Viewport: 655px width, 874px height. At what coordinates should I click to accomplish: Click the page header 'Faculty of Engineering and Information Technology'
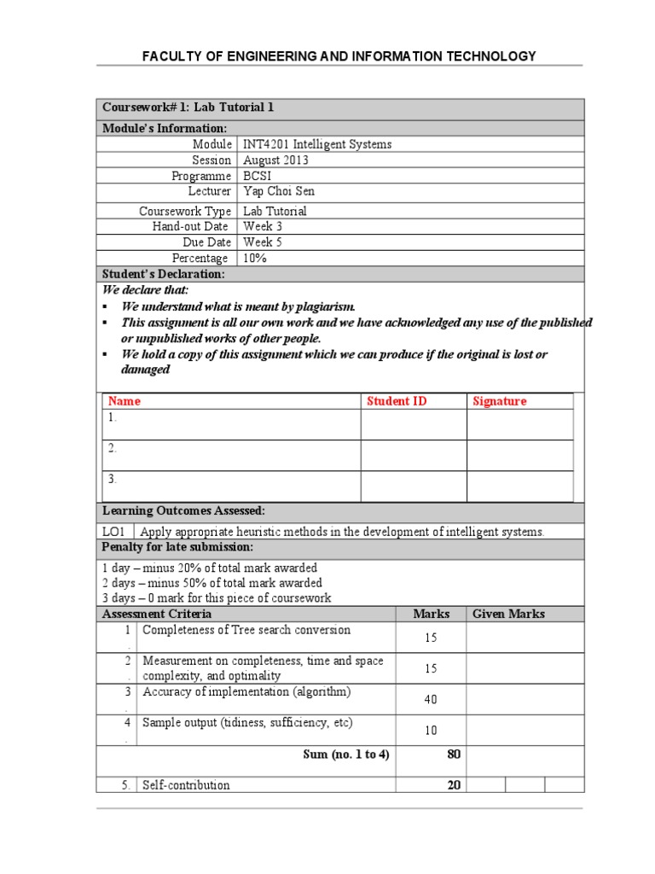(x=339, y=56)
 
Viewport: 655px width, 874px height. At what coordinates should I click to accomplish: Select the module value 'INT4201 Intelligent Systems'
(x=317, y=144)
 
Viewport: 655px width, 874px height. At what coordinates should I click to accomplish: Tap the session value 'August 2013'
(x=275, y=160)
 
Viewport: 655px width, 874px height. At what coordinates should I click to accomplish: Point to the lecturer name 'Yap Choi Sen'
(x=280, y=191)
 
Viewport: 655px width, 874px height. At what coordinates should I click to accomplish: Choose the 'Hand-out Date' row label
(x=190, y=226)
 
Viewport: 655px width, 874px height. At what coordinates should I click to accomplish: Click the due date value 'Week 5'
(x=263, y=242)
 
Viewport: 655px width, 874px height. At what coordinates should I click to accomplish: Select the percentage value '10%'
(x=255, y=258)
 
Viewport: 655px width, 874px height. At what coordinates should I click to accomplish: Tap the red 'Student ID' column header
(x=397, y=401)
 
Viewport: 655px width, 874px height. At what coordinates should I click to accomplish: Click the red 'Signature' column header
(x=499, y=401)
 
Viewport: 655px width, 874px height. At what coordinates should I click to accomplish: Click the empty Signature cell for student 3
(x=519, y=487)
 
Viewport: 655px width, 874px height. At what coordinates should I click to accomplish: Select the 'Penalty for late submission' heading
(x=178, y=547)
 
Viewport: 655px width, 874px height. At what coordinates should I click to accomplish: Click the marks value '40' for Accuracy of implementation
(x=431, y=700)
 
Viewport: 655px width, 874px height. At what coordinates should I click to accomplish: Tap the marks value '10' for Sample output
(x=431, y=731)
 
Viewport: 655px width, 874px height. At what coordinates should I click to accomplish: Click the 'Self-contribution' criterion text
(x=186, y=785)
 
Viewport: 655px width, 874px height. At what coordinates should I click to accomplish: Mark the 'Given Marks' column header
(x=508, y=614)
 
